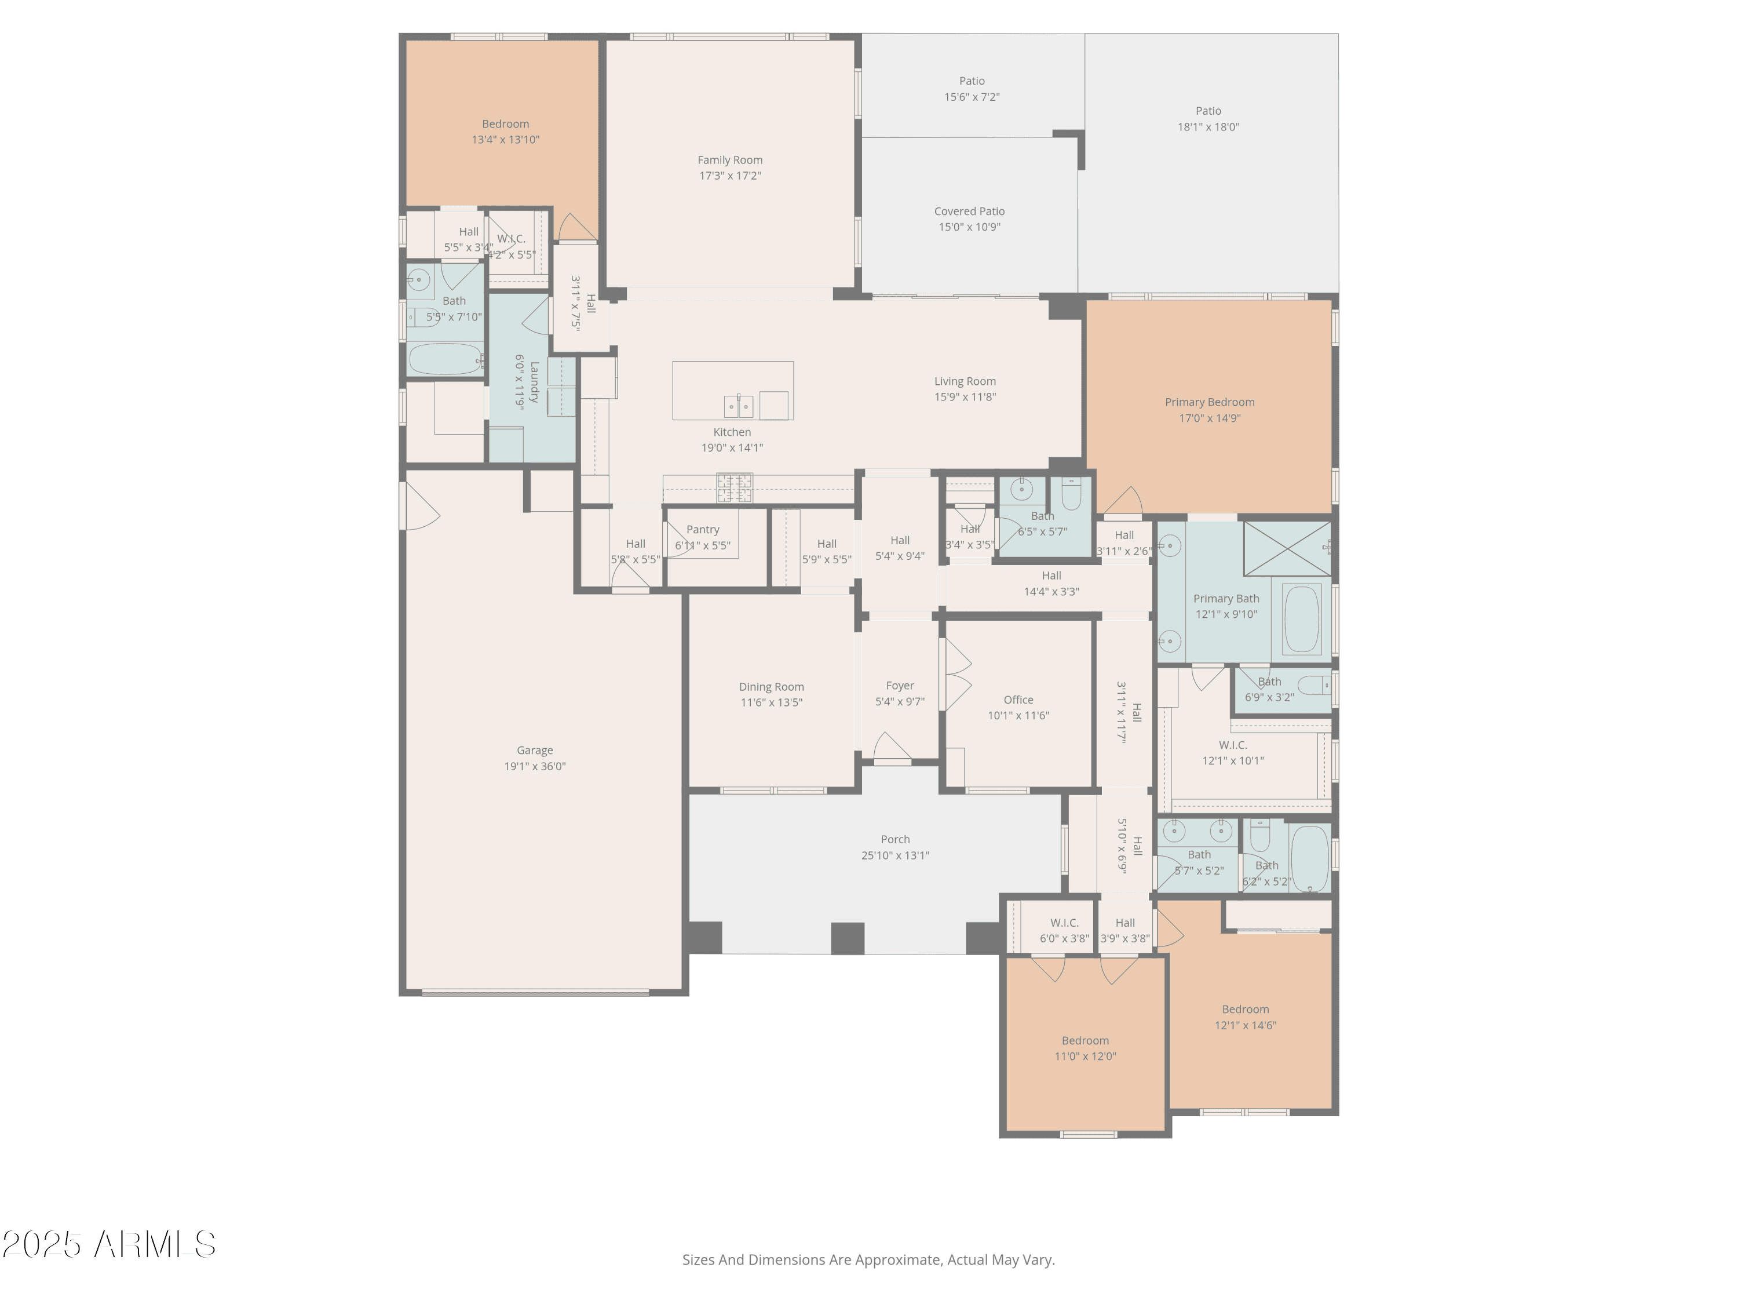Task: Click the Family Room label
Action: point(729,159)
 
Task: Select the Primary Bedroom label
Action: point(1208,402)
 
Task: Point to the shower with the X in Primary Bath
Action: point(1286,548)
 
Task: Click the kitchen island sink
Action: point(738,406)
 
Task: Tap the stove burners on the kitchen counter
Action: point(734,487)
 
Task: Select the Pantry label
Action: point(702,529)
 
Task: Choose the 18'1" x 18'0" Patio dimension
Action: point(1208,126)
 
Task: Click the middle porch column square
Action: point(847,938)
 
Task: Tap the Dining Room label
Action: point(771,686)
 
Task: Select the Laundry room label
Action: point(534,382)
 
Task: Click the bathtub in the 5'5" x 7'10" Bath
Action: point(445,360)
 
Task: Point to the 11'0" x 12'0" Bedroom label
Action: point(1085,1040)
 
